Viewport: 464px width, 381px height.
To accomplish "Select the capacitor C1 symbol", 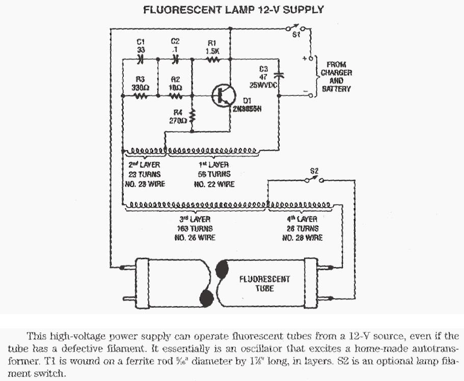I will tap(141, 60).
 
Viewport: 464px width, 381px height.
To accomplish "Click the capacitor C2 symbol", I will tap(175, 60).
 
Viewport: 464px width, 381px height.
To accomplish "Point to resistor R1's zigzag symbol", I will tap(212, 60).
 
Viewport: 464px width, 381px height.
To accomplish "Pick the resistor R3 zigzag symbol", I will tap(141, 95).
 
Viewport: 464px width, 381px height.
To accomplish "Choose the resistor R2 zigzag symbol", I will tap(175, 95).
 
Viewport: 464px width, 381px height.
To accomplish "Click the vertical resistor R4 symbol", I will tap(192, 117).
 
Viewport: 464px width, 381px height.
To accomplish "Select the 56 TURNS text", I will tap(214, 174).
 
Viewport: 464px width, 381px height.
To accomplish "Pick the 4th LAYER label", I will tap(303, 219).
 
